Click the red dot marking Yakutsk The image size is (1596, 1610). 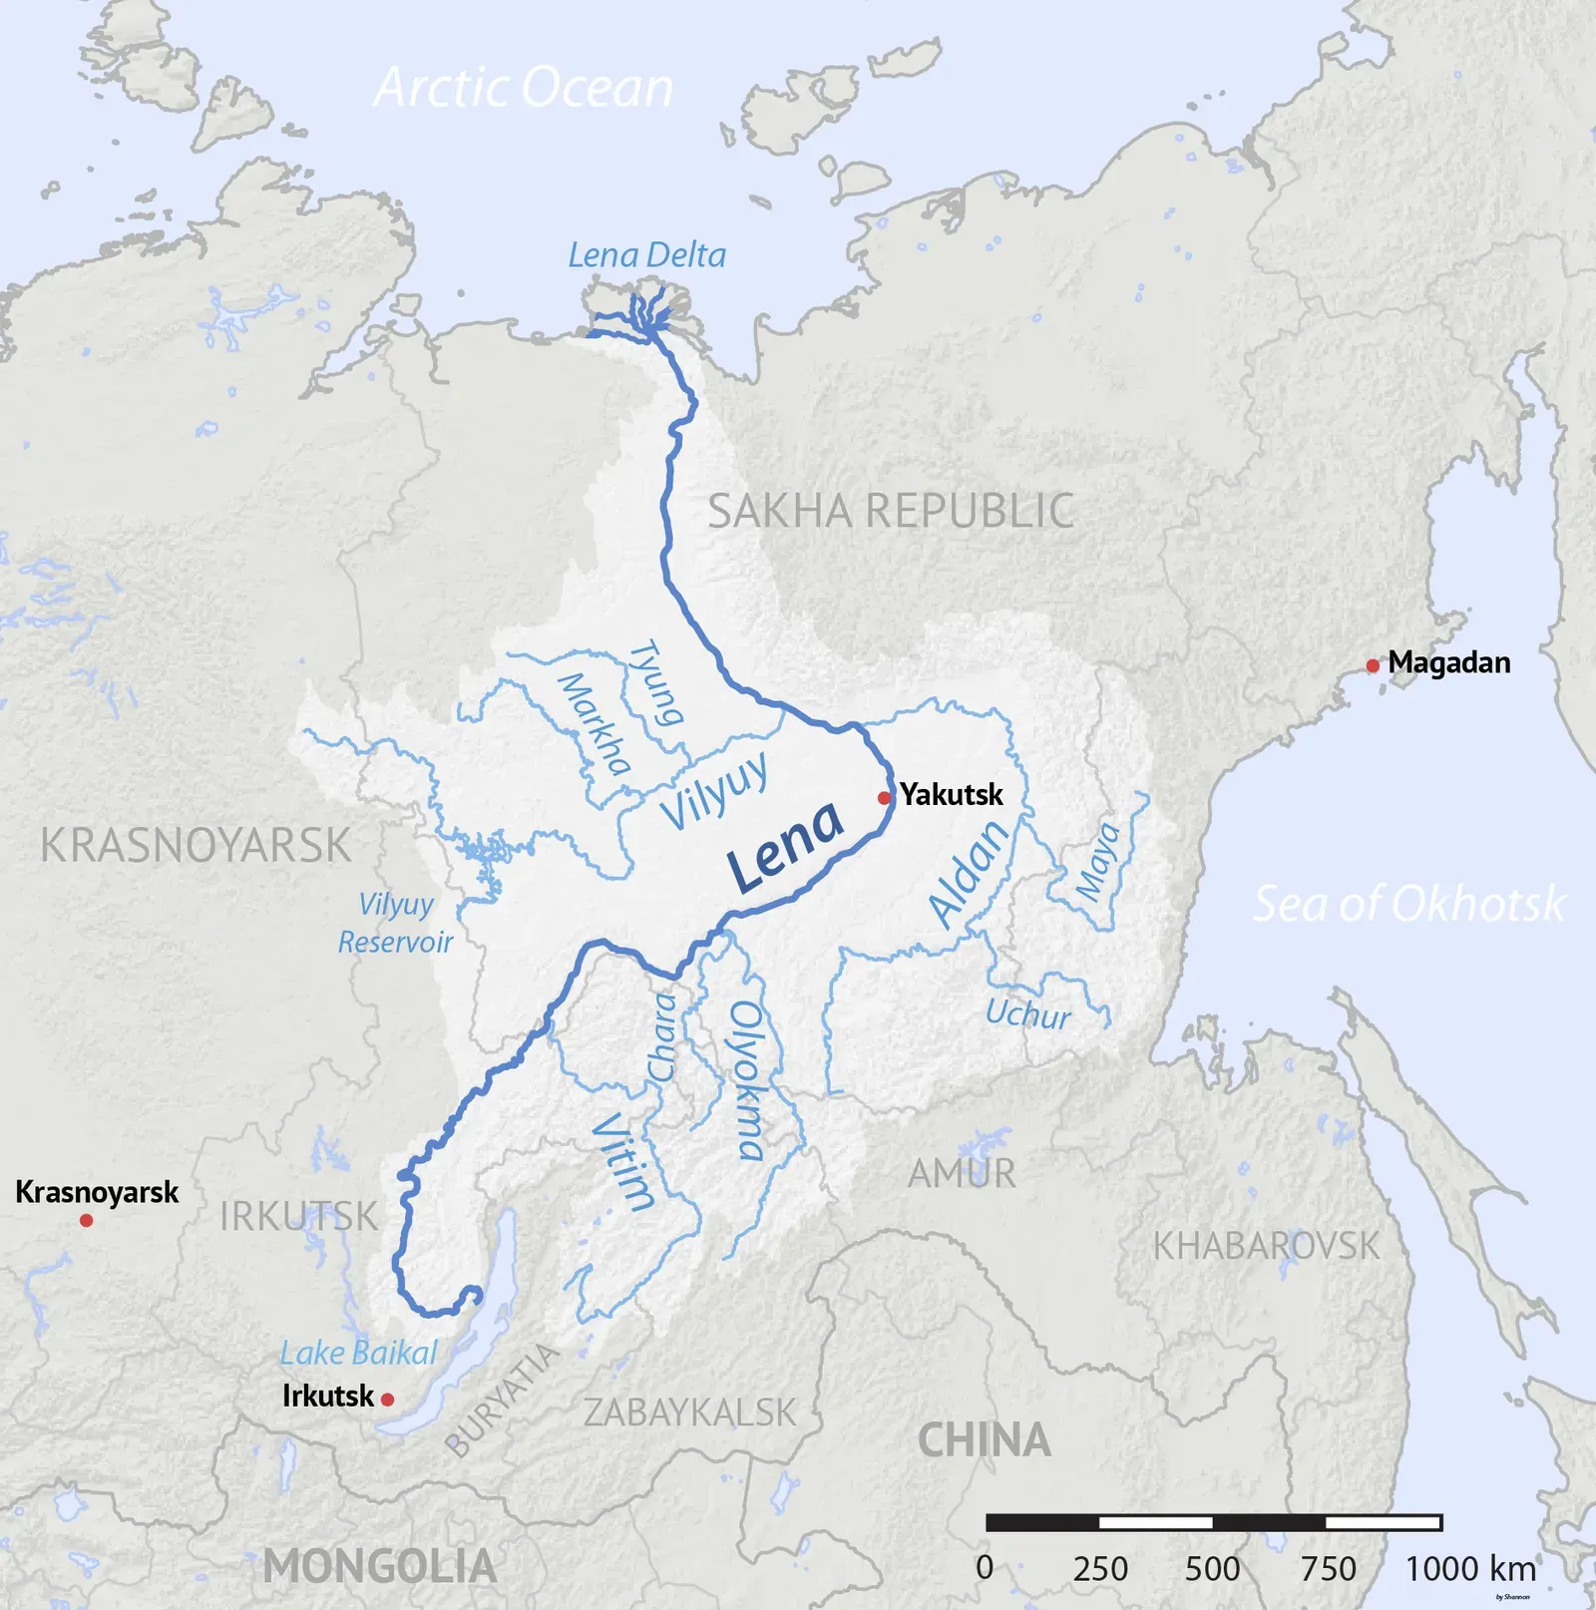click(x=884, y=798)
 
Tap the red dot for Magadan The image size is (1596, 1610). click(x=1373, y=665)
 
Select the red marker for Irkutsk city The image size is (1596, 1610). click(x=388, y=1400)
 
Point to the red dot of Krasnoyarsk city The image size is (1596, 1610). click(x=87, y=1220)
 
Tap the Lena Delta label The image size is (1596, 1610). click(x=646, y=255)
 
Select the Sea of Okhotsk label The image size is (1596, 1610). click(x=1408, y=904)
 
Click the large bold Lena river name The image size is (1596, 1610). click(x=785, y=848)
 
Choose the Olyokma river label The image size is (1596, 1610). click(x=747, y=1080)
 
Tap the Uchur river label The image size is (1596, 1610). click(x=1027, y=1014)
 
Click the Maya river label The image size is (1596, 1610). click(x=1097, y=862)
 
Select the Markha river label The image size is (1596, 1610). click(x=595, y=724)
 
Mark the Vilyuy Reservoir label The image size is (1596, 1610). click(x=395, y=923)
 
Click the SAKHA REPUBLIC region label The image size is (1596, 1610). click(x=891, y=511)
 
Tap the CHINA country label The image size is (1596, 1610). click(x=984, y=1440)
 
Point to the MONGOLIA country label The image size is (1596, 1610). click(x=380, y=1566)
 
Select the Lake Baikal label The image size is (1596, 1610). click(x=358, y=1354)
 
